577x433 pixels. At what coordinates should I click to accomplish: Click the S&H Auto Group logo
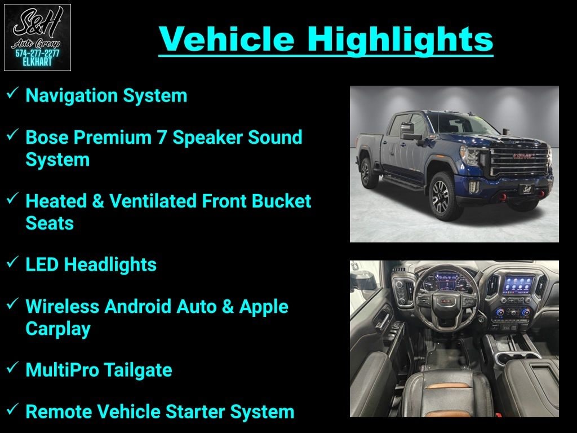point(37,37)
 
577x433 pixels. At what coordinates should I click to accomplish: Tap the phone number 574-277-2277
point(37,54)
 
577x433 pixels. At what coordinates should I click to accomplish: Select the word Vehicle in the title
point(227,38)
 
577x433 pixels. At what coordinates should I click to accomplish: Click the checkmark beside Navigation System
point(12,92)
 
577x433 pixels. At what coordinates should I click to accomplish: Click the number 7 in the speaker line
point(162,138)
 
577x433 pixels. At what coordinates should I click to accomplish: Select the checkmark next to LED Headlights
point(12,262)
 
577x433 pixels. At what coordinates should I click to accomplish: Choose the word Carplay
point(58,329)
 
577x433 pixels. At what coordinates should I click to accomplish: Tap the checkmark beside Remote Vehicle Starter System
point(12,409)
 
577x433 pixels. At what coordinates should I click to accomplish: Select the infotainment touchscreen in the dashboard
point(518,285)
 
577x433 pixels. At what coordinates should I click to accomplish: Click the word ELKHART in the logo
point(37,62)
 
